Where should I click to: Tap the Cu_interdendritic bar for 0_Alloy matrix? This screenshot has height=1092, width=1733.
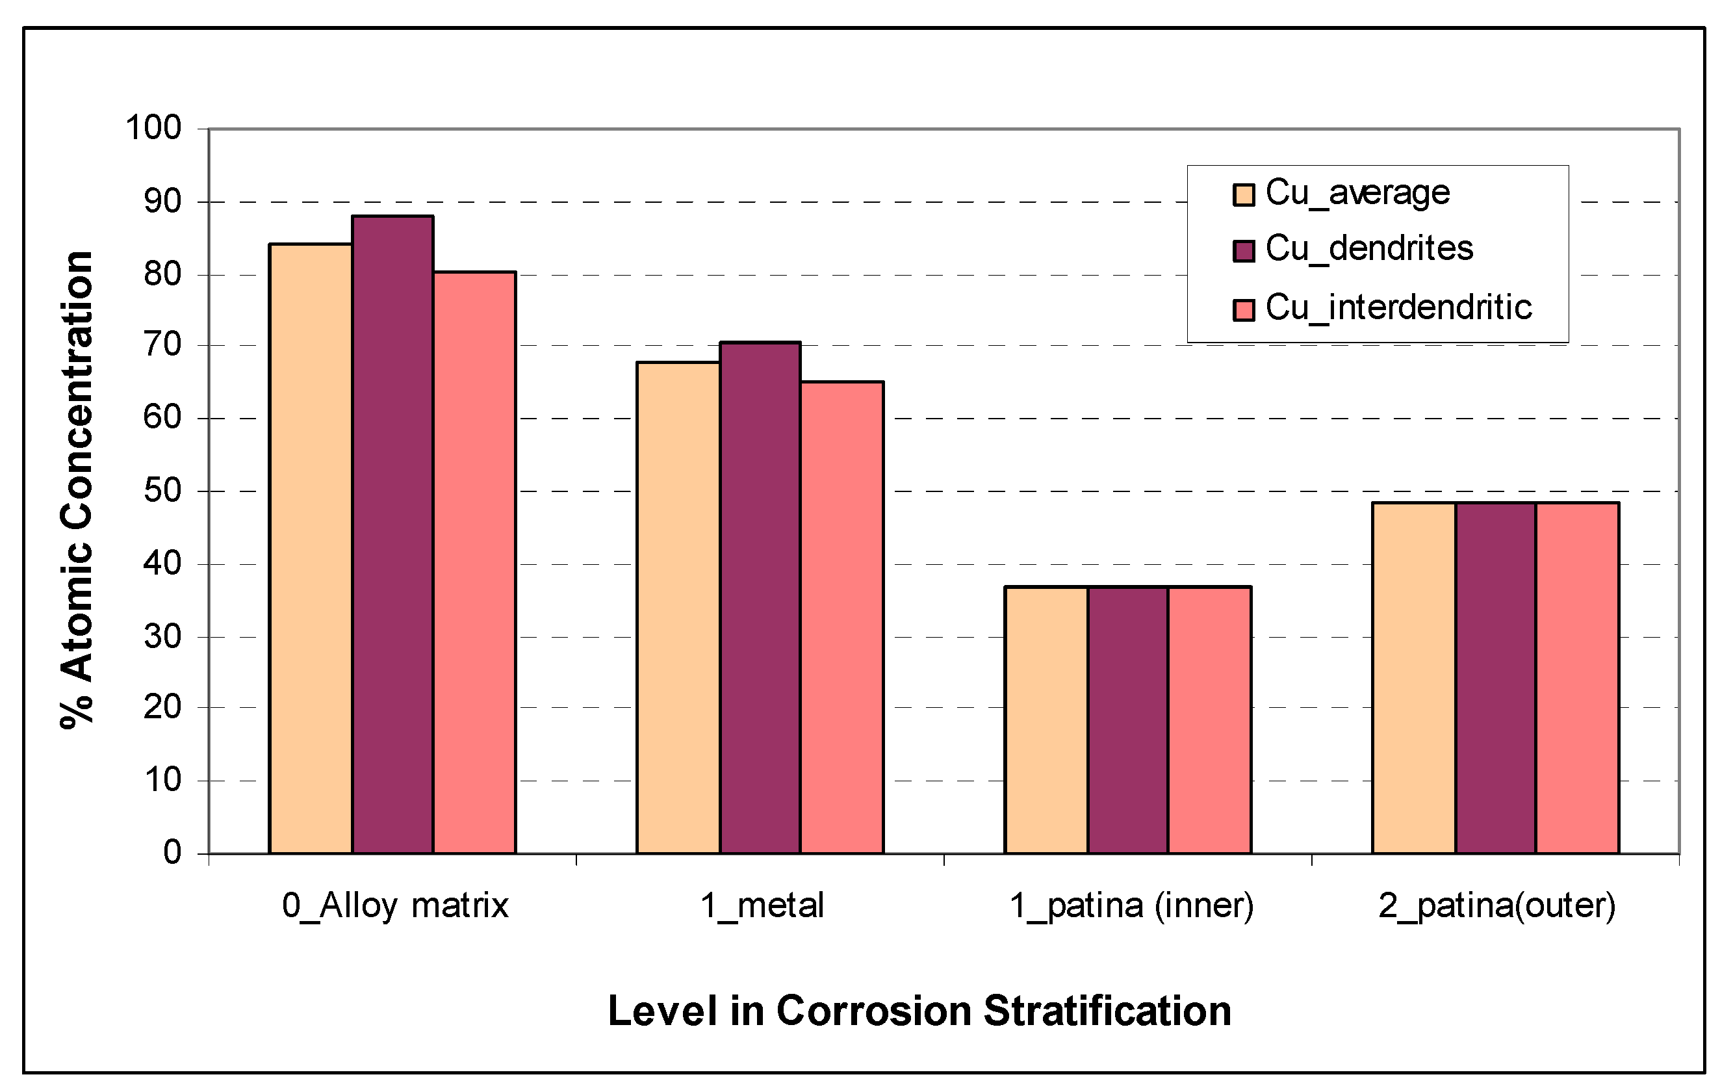coord(474,562)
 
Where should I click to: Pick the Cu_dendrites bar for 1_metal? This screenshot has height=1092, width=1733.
coord(760,597)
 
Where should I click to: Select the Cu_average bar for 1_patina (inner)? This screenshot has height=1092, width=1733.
coord(1046,720)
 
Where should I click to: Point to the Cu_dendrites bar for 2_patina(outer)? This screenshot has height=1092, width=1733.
coord(1496,677)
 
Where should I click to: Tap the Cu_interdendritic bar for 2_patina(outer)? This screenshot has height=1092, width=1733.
coord(1578,677)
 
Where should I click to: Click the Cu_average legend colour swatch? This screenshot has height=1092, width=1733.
coord(1244,194)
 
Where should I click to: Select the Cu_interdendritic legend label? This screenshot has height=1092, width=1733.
coord(1398,308)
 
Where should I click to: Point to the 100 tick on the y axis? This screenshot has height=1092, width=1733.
coord(153,128)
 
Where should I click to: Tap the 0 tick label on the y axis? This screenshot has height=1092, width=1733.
coord(172,853)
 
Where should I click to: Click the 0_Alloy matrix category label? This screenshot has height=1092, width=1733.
coord(395,905)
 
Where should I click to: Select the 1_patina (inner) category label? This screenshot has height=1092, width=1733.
coord(1131,905)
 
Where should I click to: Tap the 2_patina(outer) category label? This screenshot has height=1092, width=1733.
coord(1497,905)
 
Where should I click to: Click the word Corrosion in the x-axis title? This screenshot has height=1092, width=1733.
coord(875,1011)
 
